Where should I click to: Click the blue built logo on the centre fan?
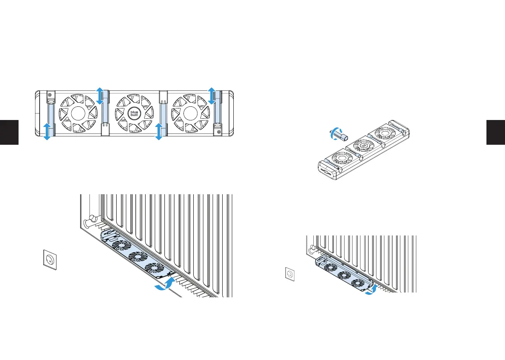pos(134,113)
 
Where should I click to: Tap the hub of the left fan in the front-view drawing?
pos(78,113)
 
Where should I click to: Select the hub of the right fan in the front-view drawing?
pos(190,113)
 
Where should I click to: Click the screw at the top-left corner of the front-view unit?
pos(50,95)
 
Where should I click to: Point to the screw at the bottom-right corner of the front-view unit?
pos(218,132)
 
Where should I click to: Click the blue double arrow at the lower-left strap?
pos(47,132)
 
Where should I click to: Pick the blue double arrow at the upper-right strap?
pos(211,96)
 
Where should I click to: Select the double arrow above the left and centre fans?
pos(100,96)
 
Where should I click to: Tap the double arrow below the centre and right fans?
pos(159,132)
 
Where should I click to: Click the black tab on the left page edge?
pos(9,132)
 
